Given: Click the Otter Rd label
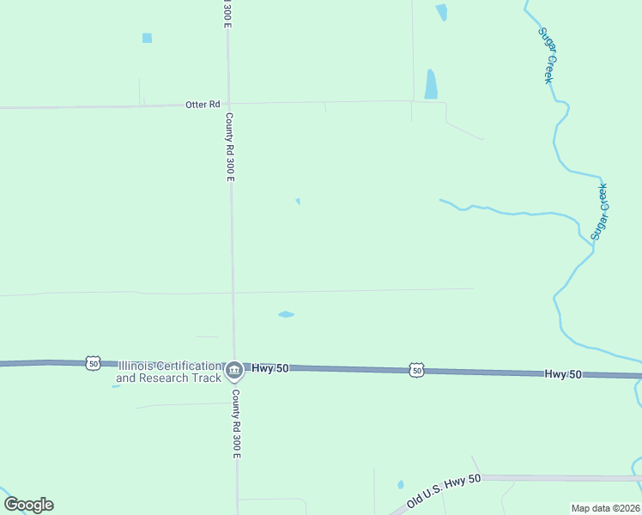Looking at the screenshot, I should [197, 105].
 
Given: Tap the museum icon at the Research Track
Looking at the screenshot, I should [233, 371].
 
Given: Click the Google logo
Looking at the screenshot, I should [28, 505].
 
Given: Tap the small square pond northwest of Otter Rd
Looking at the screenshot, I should [147, 38].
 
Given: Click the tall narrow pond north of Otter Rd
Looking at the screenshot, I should [431, 84].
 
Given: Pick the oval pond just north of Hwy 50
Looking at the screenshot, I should [286, 314].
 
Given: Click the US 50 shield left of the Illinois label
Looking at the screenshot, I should [93, 363].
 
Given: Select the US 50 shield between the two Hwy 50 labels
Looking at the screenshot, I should [416, 370].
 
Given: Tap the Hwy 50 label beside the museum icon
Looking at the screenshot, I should [270, 368].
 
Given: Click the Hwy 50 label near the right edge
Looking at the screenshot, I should [563, 374].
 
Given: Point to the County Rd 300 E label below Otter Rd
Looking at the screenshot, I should [229, 147].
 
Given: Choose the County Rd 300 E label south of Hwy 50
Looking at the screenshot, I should [236, 423].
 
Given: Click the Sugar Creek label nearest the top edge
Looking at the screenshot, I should [546, 56].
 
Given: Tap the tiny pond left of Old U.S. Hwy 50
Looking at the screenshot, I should [401, 485].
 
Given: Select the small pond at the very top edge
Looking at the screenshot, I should [441, 12].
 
